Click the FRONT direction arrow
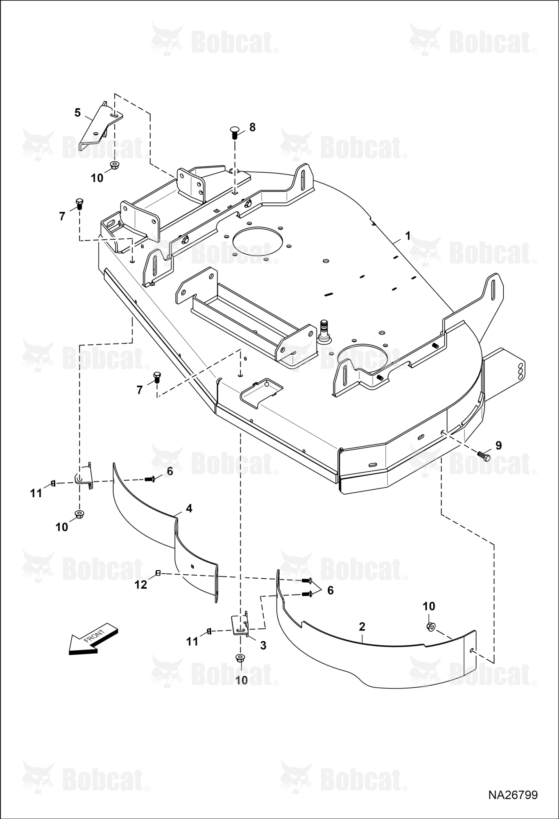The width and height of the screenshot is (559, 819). (93, 639)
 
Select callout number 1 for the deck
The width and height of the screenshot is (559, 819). (407, 236)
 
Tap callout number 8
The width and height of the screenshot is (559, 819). (252, 127)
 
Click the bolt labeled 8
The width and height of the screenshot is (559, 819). (235, 133)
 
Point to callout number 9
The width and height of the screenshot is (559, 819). (498, 445)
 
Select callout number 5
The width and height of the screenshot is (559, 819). (78, 113)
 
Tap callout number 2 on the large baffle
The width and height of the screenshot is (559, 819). (362, 627)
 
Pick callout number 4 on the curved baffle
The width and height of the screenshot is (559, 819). (189, 508)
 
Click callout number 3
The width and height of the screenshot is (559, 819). (263, 645)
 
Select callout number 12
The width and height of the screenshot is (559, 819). (141, 584)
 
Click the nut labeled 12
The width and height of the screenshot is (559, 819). (157, 573)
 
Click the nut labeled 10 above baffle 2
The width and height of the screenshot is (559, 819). (430, 627)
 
